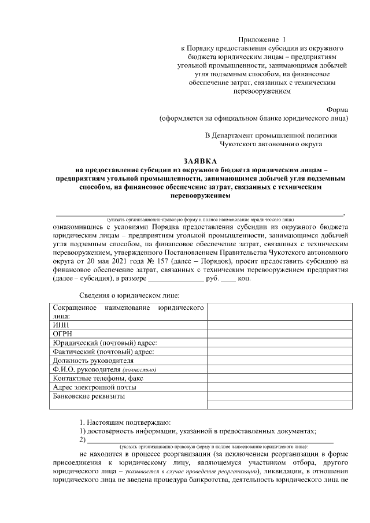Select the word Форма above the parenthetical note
338,109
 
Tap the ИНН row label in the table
60,325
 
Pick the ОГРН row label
63,334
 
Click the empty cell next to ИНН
279,325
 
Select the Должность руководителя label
88,361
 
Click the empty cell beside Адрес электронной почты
279,387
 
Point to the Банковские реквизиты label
88,396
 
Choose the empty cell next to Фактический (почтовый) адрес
279,352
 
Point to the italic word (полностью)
139,370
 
